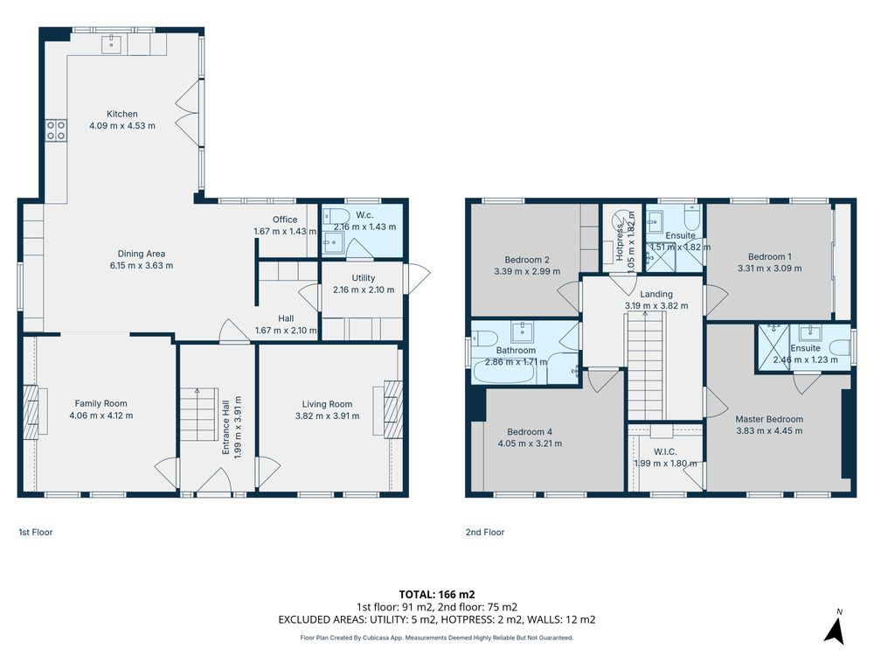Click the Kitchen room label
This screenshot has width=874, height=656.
[122, 114]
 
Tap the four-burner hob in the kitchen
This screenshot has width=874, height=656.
[56, 131]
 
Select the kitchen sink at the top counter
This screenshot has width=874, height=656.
[112, 44]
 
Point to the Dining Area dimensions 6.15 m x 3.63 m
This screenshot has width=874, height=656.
[142, 266]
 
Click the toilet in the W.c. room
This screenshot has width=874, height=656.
[336, 216]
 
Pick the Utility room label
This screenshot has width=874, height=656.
[364, 278]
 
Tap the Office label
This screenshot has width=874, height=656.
[285, 220]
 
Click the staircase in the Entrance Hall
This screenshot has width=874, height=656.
[198, 415]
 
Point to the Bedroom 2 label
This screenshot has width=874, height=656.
[527, 260]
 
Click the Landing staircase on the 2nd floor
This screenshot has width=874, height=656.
[647, 366]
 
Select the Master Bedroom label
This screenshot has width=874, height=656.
[769, 419]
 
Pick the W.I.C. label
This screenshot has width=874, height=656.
[665, 452]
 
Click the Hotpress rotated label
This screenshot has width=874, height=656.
[620, 242]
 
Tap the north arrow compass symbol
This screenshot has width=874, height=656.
[834, 628]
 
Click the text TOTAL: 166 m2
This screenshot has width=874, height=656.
[437, 595]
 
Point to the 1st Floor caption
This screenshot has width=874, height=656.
[36, 532]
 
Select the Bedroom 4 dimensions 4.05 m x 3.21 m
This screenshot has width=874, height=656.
[531, 443]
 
